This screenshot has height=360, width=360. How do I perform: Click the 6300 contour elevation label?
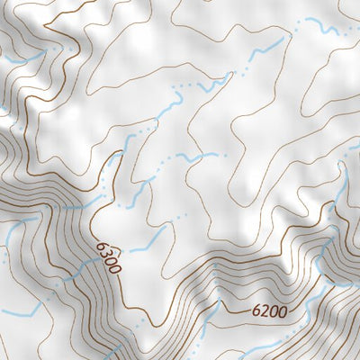click(x=107, y=256)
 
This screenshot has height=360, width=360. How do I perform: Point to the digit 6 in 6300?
click(x=101, y=242)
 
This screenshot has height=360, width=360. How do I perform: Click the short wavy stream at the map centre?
click(x=193, y=158)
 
